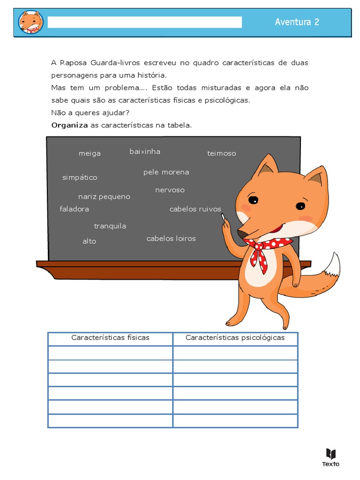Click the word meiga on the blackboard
click(x=90, y=153)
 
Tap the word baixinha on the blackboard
click(x=145, y=151)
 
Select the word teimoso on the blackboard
click(x=222, y=153)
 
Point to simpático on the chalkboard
click(x=80, y=177)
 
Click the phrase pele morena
click(x=166, y=172)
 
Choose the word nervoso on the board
click(x=170, y=190)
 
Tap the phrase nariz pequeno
click(x=104, y=196)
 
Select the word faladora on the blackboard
click(x=74, y=209)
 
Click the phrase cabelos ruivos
click(x=195, y=209)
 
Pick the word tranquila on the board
click(x=110, y=226)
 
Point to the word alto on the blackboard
click(x=89, y=241)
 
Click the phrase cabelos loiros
click(x=171, y=239)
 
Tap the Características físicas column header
click(x=110, y=337)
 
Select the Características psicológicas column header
click(x=235, y=337)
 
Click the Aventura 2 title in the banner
click(x=297, y=22)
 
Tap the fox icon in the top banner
click(x=31, y=22)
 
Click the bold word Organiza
click(x=69, y=125)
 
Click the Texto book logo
click(x=330, y=457)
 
